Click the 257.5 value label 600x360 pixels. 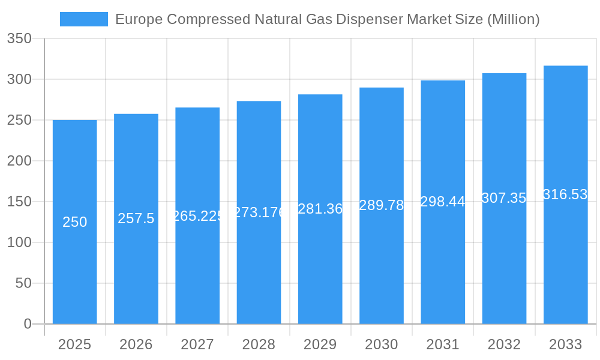[x=136, y=218]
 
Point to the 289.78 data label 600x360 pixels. [x=382, y=205]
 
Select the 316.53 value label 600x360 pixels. [x=565, y=194]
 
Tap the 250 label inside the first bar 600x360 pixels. [x=75, y=222]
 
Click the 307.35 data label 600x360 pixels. [x=504, y=198]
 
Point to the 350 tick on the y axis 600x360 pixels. [x=19, y=39]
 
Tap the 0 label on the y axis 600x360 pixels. [x=27, y=324]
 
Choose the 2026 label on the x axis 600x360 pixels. [x=136, y=344]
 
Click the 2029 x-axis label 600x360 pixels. [x=320, y=344]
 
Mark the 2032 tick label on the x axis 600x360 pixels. [x=504, y=344]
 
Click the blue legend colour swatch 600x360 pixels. [x=84, y=19]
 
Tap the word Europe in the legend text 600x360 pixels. [x=139, y=19]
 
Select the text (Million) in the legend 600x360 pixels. [x=513, y=19]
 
